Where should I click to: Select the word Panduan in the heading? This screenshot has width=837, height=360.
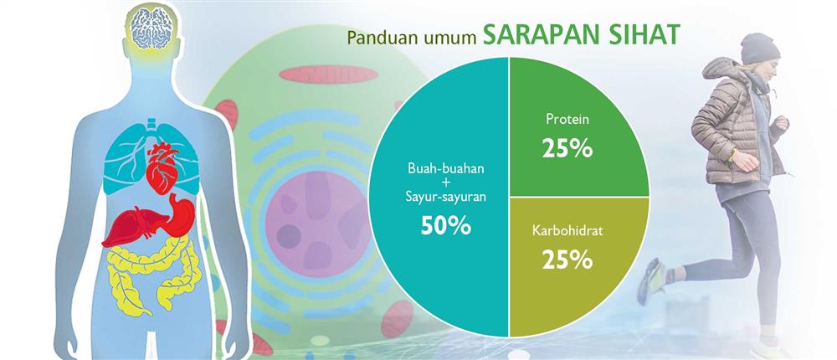pyautogui.click(x=371, y=38)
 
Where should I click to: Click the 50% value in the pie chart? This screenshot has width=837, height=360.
pyautogui.click(x=446, y=227)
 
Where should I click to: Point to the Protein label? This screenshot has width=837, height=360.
pyautogui.click(x=567, y=119)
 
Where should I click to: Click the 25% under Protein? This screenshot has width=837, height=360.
pyautogui.click(x=567, y=149)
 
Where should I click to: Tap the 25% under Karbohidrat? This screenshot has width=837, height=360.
pyautogui.click(x=567, y=260)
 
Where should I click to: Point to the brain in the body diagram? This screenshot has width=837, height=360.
pyautogui.click(x=153, y=28)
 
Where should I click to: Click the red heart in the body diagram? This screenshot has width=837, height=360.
pyautogui.click(x=163, y=168)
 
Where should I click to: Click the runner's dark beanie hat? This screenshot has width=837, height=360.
pyautogui.click(x=759, y=48)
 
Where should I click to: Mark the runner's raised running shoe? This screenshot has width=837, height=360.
pyautogui.click(x=650, y=280)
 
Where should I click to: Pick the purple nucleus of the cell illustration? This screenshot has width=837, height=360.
pyautogui.click(x=317, y=225)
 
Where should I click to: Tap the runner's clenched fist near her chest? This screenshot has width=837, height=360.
pyautogui.click(x=780, y=124)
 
